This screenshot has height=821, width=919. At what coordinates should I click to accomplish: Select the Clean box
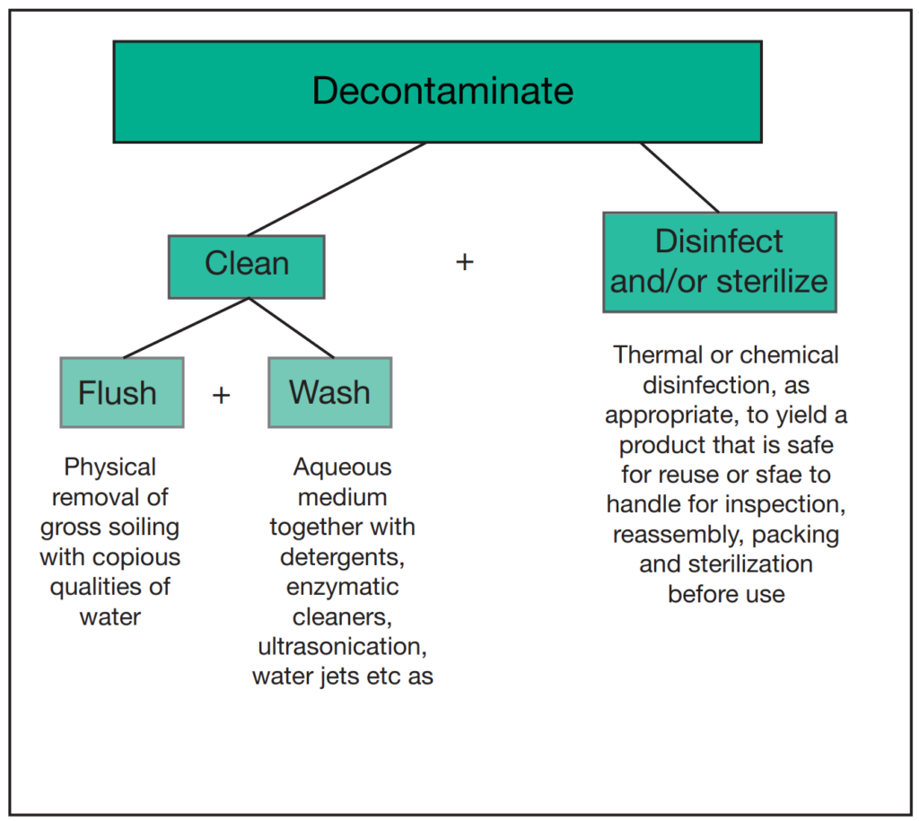pos(247,266)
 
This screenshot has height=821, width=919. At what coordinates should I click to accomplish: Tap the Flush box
pos(121,393)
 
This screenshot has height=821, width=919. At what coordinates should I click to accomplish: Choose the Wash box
pos(329,393)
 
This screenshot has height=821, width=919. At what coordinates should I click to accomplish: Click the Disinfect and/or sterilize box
pos(719,261)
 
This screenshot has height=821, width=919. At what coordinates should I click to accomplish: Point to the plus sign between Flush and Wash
pos(221,394)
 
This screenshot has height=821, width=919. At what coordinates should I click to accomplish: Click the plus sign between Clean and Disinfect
pos(464,263)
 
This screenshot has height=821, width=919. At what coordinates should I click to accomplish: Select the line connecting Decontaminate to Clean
pos(337,188)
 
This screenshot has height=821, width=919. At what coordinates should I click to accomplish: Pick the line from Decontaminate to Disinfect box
pos(679,177)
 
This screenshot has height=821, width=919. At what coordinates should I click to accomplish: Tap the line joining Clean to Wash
pos(292,328)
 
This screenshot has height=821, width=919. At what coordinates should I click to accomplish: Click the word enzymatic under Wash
pos(342,588)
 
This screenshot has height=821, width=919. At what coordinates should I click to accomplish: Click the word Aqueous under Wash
pos(342,467)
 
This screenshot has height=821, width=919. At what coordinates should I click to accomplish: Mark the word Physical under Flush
pos(109,467)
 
